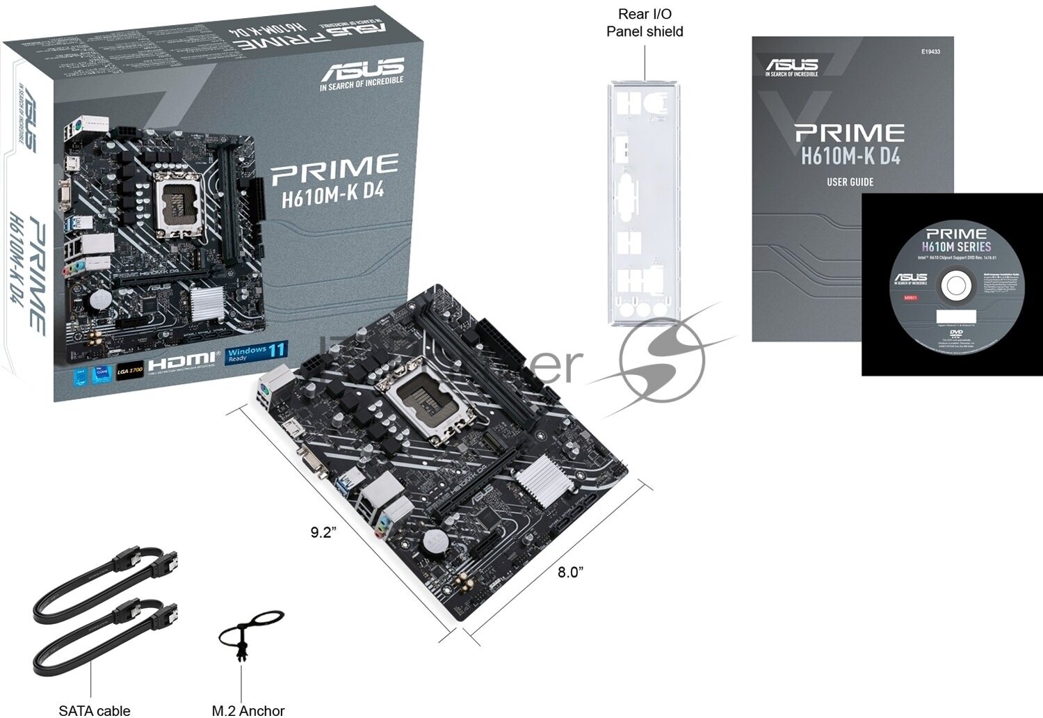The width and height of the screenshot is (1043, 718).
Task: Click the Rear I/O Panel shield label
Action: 645,23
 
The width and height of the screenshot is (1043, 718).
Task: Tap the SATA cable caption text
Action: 95,710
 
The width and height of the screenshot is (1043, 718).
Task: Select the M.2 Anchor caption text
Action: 248,710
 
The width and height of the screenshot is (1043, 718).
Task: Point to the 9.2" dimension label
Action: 323,532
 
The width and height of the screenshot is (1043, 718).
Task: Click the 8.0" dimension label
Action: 570,572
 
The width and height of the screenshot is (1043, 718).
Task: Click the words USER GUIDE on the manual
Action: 850,182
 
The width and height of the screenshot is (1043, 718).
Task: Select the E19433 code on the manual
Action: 930,51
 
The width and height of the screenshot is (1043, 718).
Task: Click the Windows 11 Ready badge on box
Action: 257,353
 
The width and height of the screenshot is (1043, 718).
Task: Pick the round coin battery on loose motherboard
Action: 436,541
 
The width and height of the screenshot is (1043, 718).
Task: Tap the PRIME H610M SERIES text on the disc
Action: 956,240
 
